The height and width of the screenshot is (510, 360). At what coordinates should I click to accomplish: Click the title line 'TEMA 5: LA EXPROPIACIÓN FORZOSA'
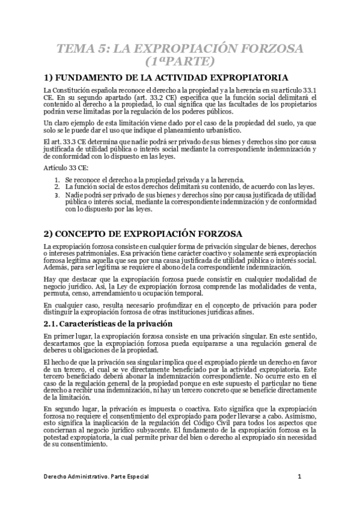(x=180, y=49)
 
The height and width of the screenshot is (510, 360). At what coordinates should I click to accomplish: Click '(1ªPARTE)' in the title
(x=180, y=61)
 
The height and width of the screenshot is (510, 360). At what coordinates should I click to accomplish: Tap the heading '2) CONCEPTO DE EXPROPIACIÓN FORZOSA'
(x=142, y=233)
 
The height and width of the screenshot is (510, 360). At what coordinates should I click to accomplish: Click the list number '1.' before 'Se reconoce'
(x=56, y=180)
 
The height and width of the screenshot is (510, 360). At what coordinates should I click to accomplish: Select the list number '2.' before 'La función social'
(x=56, y=188)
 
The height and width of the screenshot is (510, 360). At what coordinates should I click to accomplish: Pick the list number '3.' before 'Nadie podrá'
(x=56, y=195)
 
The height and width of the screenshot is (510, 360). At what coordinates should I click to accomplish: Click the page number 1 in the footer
(x=299, y=478)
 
